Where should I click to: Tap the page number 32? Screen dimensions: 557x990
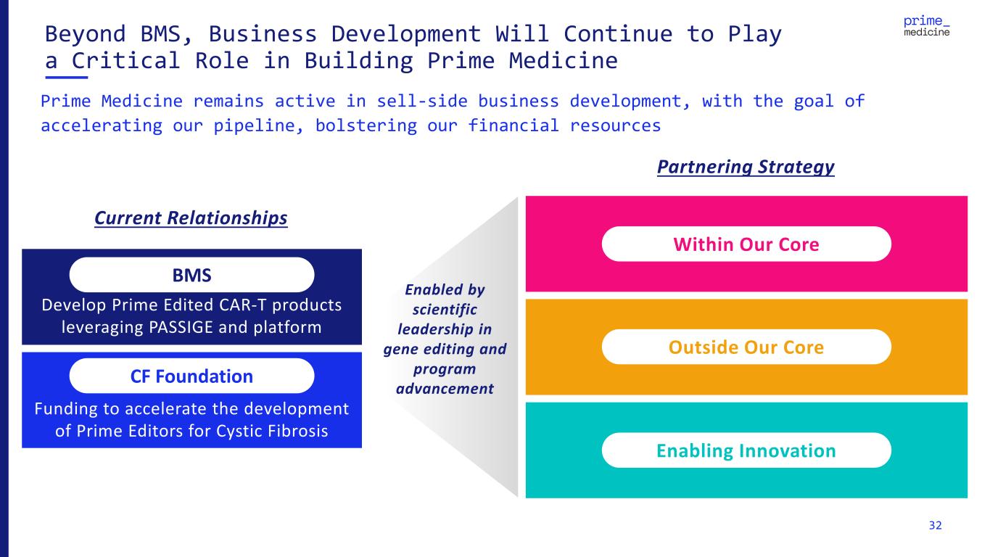(936, 525)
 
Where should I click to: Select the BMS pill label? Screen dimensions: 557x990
(191, 276)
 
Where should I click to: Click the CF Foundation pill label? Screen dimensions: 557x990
(191, 376)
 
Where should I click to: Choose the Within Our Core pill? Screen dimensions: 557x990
(746, 244)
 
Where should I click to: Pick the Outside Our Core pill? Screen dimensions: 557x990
(746, 347)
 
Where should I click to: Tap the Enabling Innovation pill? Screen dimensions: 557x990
(746, 451)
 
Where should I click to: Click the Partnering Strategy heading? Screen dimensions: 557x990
(746, 168)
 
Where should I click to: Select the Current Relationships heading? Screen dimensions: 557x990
(191, 218)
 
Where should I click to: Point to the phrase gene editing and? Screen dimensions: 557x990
(445, 349)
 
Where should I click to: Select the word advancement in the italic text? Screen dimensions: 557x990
(445, 389)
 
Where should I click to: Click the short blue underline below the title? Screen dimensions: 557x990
(67, 76)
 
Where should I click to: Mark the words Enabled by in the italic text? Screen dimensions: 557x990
(445, 289)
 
